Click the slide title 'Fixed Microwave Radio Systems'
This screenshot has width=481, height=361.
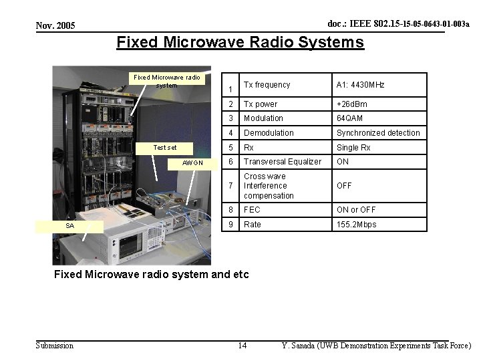coord(240,43)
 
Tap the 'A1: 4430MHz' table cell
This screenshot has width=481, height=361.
coord(361,85)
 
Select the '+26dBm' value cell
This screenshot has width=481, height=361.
coord(352,104)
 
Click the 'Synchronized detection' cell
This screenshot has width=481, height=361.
coord(378,133)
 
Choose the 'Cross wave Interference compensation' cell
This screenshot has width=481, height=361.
coord(269,186)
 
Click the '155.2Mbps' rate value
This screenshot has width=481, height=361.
coord(357,225)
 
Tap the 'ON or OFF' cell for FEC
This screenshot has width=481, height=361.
coord(356,210)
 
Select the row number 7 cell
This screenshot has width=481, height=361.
coord(230,186)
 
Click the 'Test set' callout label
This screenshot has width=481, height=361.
coord(165,148)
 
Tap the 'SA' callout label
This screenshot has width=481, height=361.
coord(70,226)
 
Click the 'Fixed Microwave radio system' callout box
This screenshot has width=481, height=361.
coord(167,81)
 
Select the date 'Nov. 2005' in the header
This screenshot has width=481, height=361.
coord(55,25)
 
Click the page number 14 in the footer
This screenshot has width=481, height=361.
coord(242,346)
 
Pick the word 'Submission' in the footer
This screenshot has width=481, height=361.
coord(54,346)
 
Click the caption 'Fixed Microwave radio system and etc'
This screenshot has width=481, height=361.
coord(151,274)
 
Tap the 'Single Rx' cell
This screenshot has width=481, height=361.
coord(353,148)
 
